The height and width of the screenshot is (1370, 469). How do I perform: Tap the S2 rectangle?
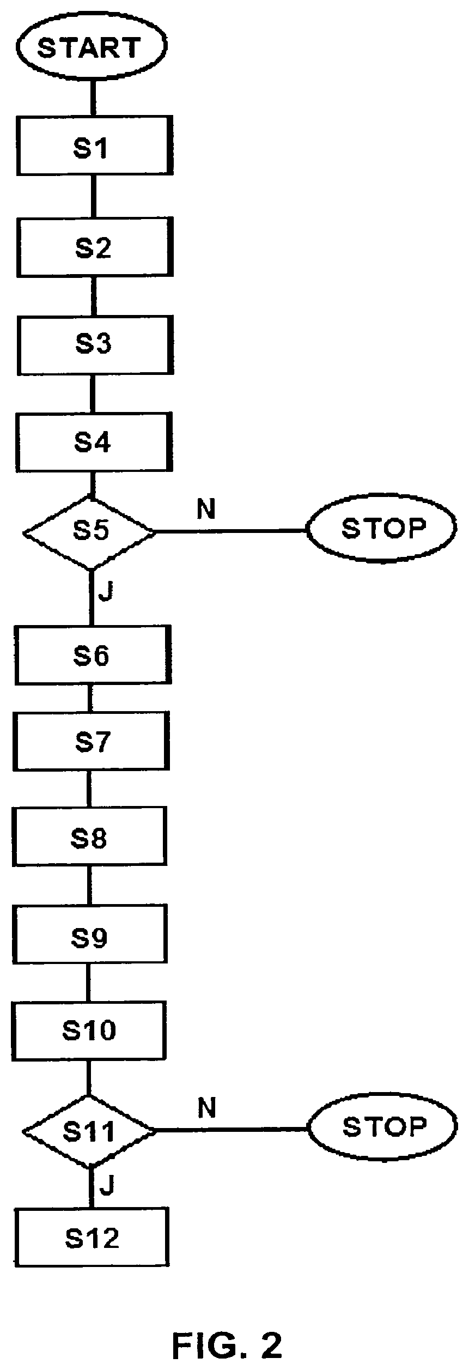pyautogui.click(x=94, y=246)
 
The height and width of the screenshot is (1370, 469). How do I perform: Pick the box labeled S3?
pyautogui.click(x=94, y=344)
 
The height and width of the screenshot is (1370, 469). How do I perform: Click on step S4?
pyautogui.click(x=93, y=442)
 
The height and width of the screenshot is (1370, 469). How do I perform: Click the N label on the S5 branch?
pyautogui.click(x=206, y=509)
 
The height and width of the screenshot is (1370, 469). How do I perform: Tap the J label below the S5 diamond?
pyautogui.click(x=106, y=592)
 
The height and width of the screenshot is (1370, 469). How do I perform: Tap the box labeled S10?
pyautogui.click(x=88, y=1030)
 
